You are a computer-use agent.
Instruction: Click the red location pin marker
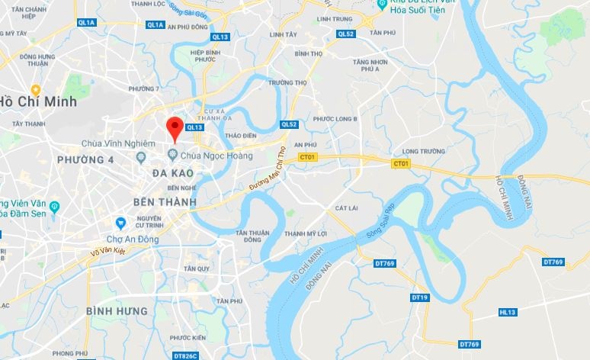point(175,128)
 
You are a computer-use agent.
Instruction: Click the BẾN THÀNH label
point(165,202)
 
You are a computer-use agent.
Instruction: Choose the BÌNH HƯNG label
point(116,311)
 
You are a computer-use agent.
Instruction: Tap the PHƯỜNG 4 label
point(85,159)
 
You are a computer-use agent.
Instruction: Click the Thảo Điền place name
point(241,134)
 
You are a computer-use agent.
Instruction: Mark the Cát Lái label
point(346,207)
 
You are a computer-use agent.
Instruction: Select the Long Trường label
point(423,151)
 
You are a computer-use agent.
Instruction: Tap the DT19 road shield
point(420,297)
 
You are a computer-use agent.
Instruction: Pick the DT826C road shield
point(185,355)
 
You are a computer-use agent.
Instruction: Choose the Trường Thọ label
point(283,82)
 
